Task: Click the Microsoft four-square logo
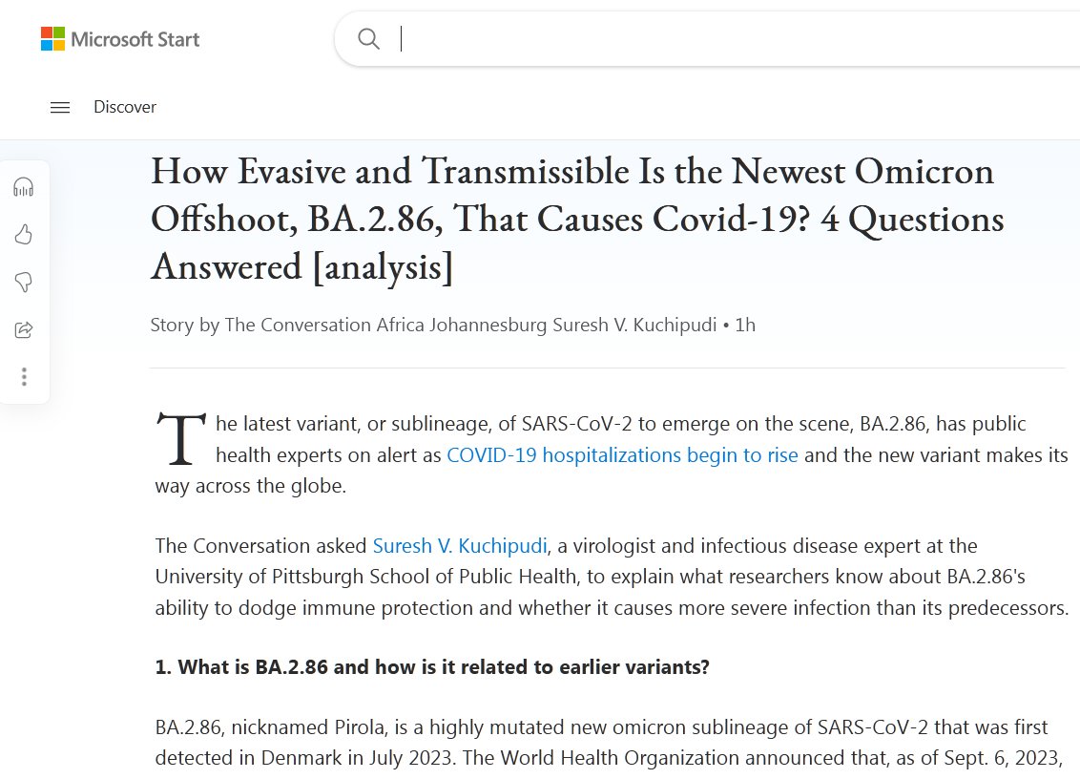[x=52, y=39]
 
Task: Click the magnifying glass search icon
[x=368, y=39]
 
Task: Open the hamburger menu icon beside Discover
[x=60, y=108]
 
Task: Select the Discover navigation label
[x=125, y=107]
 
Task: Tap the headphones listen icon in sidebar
[x=24, y=187]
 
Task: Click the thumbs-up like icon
[x=24, y=234]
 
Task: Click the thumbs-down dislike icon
[x=24, y=282]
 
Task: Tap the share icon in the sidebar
[x=24, y=329]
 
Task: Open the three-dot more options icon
[x=24, y=376]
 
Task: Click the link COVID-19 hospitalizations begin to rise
[x=622, y=454]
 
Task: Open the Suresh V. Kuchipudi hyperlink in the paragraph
[x=460, y=546]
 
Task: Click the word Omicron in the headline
[x=923, y=172]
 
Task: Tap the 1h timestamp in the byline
[x=745, y=325]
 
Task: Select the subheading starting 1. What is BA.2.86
[x=432, y=667]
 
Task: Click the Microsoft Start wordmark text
[x=135, y=39]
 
